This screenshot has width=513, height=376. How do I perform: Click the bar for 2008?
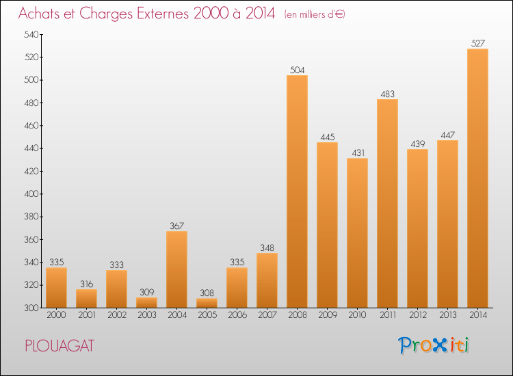coord(297,191)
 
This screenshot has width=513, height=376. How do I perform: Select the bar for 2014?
coord(477,178)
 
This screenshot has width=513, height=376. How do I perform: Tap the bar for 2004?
coord(176,269)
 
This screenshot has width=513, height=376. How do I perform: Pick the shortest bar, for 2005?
coord(207,303)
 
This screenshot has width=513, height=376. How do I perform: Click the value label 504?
coord(297,70)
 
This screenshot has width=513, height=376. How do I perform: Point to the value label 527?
coord(477,44)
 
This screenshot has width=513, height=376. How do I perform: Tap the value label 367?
coord(176,226)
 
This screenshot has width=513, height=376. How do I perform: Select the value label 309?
coord(146,292)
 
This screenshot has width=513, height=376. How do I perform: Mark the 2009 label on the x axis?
coord(327,315)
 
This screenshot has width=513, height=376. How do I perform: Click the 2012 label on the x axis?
coord(417,315)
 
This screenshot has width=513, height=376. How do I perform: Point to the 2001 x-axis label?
coord(86,315)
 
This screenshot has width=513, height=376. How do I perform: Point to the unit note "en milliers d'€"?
coord(315,14)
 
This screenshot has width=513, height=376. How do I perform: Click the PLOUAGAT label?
coord(59,345)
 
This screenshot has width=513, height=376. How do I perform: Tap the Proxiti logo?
coord(434,345)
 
